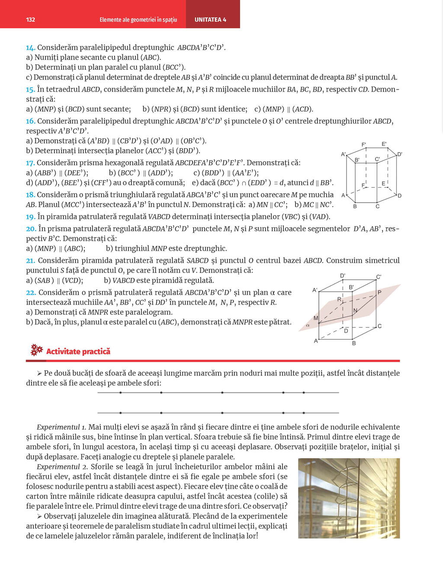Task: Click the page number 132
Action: coord(30,19)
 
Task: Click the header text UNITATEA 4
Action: coord(210,19)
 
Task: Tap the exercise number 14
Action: coord(30,48)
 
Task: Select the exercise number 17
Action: coord(30,163)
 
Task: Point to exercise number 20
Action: coord(31,229)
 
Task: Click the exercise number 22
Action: coord(31,293)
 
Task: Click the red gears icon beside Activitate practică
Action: coord(37,350)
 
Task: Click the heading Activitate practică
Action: coord(78,351)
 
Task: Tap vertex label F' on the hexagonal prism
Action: coord(364,144)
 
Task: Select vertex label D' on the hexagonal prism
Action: coord(399,154)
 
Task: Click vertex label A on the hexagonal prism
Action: coord(343,195)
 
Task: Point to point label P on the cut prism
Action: coord(379,293)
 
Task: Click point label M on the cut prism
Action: coord(316,318)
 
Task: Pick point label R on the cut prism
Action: coord(339,299)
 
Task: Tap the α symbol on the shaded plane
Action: coord(308,325)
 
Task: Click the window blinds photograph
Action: coord(349,498)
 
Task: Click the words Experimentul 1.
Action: coord(61,427)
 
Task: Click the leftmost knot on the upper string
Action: coord(120,392)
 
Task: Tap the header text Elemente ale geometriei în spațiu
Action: coord(138,19)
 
